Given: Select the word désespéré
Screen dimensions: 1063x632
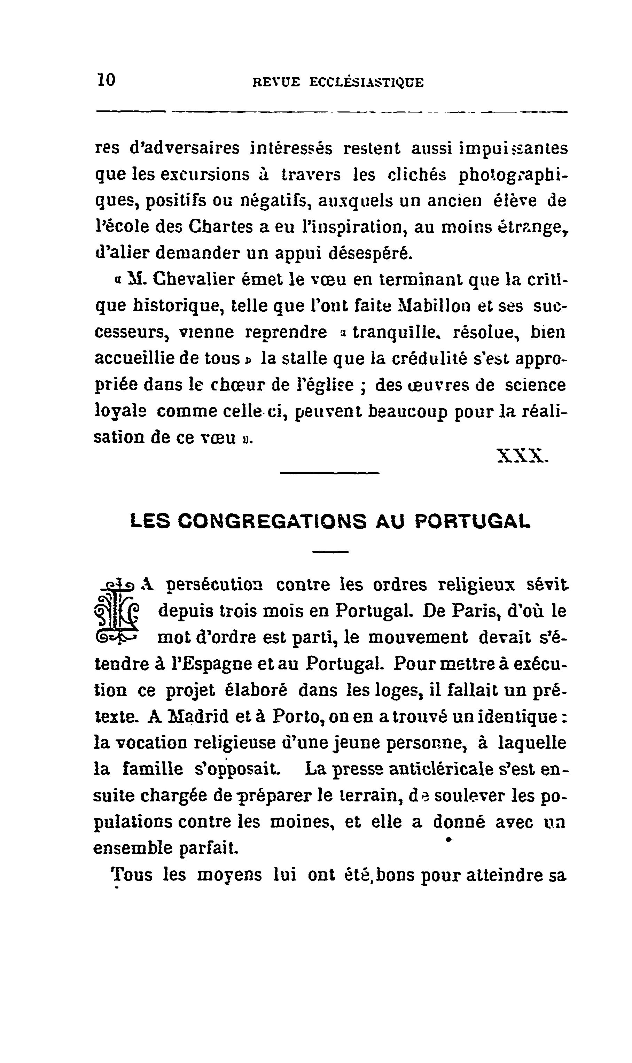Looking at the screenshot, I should click(370, 254).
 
